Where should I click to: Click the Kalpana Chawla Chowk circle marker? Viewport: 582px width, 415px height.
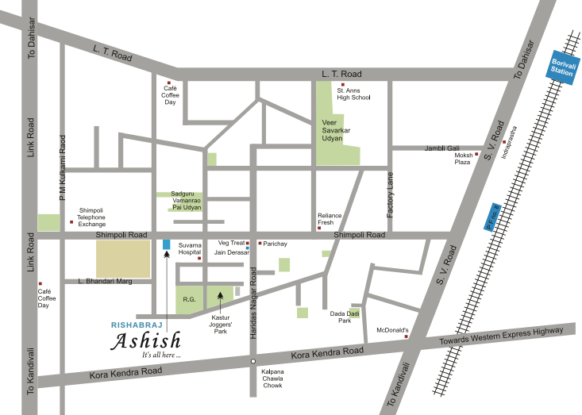click(x=252, y=362)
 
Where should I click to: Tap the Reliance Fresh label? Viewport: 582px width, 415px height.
click(x=330, y=220)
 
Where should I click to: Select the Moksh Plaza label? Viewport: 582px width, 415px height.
click(x=462, y=158)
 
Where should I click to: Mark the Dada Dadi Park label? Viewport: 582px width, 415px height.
click(x=341, y=317)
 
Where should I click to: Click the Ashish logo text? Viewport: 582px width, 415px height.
click(x=145, y=341)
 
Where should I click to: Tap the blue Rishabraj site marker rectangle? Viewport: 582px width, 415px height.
click(x=165, y=244)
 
